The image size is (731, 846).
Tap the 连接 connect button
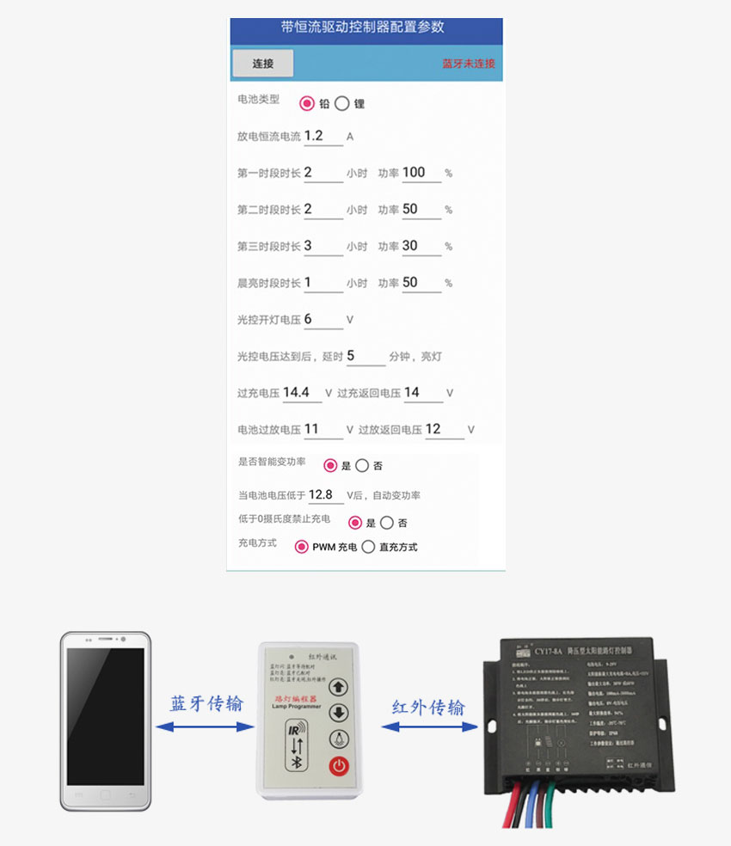point(262,64)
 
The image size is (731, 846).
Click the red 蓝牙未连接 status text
point(469,64)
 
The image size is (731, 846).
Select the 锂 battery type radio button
point(342,104)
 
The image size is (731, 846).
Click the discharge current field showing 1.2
point(322,136)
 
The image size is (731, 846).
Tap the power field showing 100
point(421,172)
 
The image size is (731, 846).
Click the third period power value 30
point(421,246)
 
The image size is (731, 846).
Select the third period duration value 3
point(322,246)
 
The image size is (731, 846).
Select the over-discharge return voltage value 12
point(444,429)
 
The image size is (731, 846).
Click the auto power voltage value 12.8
point(325,495)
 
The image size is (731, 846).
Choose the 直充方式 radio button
point(369,547)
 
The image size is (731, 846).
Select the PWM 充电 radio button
point(302,547)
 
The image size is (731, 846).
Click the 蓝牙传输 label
point(206,703)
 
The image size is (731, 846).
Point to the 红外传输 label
point(428,707)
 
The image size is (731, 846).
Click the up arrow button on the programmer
point(338,687)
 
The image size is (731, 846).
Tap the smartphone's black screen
point(106,715)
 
